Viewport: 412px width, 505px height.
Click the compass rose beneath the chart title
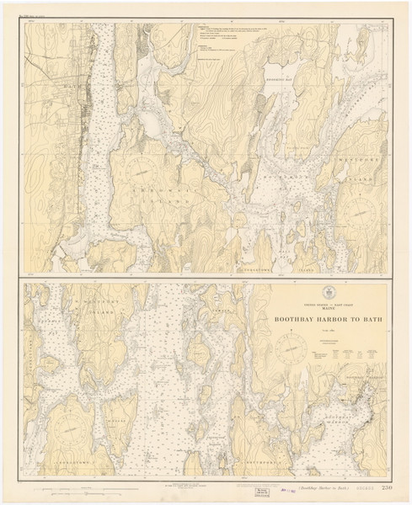[292, 346]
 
